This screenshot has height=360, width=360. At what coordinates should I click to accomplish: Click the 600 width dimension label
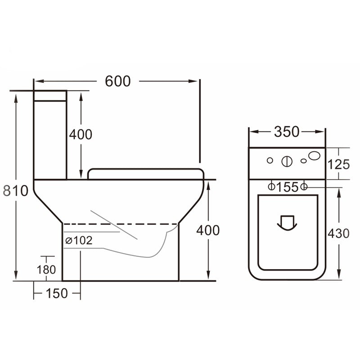tap(117, 81)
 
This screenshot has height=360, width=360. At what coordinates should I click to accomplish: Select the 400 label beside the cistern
tap(81, 134)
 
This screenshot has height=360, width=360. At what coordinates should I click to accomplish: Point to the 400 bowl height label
tap(208, 230)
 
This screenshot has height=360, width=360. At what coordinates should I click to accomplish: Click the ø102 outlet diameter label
tap(79, 241)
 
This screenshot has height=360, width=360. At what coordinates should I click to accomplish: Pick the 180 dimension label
tap(47, 270)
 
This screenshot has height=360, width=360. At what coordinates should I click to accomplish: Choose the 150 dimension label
tap(57, 293)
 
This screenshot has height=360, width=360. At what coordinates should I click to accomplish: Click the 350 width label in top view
tap(287, 131)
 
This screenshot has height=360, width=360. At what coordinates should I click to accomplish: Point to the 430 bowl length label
tap(338, 234)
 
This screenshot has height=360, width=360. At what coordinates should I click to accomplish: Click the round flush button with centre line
tap(286, 161)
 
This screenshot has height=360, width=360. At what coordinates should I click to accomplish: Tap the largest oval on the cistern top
tap(315, 156)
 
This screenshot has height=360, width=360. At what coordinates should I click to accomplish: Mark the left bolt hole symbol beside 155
tap(272, 186)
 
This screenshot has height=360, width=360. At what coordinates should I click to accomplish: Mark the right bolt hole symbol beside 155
tap(304, 186)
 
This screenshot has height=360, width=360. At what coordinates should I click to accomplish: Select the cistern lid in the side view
tap(50, 95)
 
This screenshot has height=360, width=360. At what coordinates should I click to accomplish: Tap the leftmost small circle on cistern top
tap(270, 160)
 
